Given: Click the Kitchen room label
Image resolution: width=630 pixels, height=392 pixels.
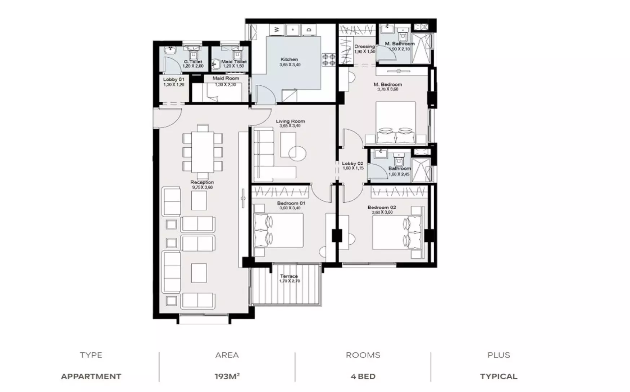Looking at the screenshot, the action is pos(289,59).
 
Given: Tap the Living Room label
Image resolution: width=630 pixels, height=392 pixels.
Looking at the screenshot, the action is pos(290,121).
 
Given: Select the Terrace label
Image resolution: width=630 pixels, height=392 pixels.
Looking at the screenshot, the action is pos(289,276).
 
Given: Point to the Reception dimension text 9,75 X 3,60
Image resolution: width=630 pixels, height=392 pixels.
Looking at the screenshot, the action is pos(202,187).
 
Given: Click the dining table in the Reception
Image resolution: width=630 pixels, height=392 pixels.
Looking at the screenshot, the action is pos(203,151).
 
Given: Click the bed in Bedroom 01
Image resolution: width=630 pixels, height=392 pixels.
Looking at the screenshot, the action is pos(279,230).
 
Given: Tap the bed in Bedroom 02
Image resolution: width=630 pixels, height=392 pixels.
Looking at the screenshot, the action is pos(397,232).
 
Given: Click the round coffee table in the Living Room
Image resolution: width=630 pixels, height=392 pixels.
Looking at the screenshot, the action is pos(297,153).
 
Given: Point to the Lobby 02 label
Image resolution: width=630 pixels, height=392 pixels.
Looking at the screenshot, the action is pos(352,164).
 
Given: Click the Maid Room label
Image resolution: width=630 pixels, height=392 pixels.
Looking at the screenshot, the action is pos(226,78).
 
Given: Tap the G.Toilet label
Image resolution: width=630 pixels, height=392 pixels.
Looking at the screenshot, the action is pos(193,62).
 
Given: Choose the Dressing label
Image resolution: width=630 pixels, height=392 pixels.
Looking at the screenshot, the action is pos(364,46).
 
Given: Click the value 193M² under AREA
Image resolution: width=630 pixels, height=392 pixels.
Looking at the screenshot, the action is pos(227,377).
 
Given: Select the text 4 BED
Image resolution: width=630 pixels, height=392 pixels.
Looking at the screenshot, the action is pos(363,377).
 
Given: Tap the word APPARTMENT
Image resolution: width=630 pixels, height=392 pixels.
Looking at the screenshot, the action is pos(91,377).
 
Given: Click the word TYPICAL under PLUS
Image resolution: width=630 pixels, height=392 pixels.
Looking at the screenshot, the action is pos(499,377).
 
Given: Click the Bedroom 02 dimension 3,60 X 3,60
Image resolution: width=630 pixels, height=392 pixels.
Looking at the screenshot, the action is pos(382,212).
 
